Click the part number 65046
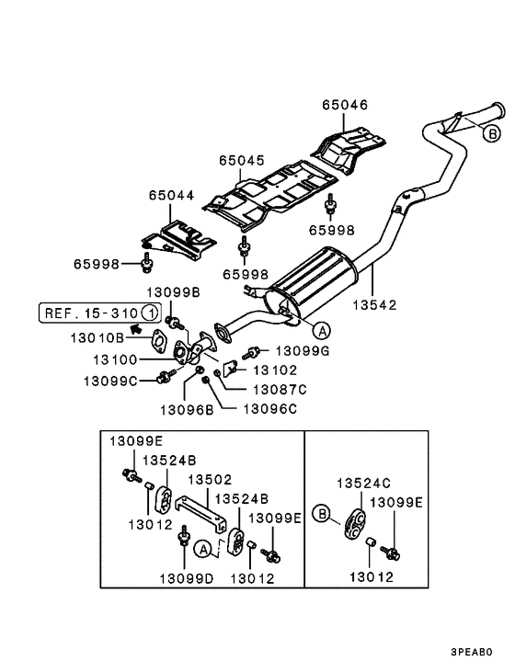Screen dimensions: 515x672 point(345,105)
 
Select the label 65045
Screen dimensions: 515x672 point(242,160)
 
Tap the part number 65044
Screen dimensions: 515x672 point(171,195)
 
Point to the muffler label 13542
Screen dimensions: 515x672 point(374,304)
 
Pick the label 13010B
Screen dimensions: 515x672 point(97,338)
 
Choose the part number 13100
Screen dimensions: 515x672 point(115,359)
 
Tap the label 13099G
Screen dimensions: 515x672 point(303,351)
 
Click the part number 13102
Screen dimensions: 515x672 point(275,370)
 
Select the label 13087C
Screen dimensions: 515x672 point(280,390)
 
